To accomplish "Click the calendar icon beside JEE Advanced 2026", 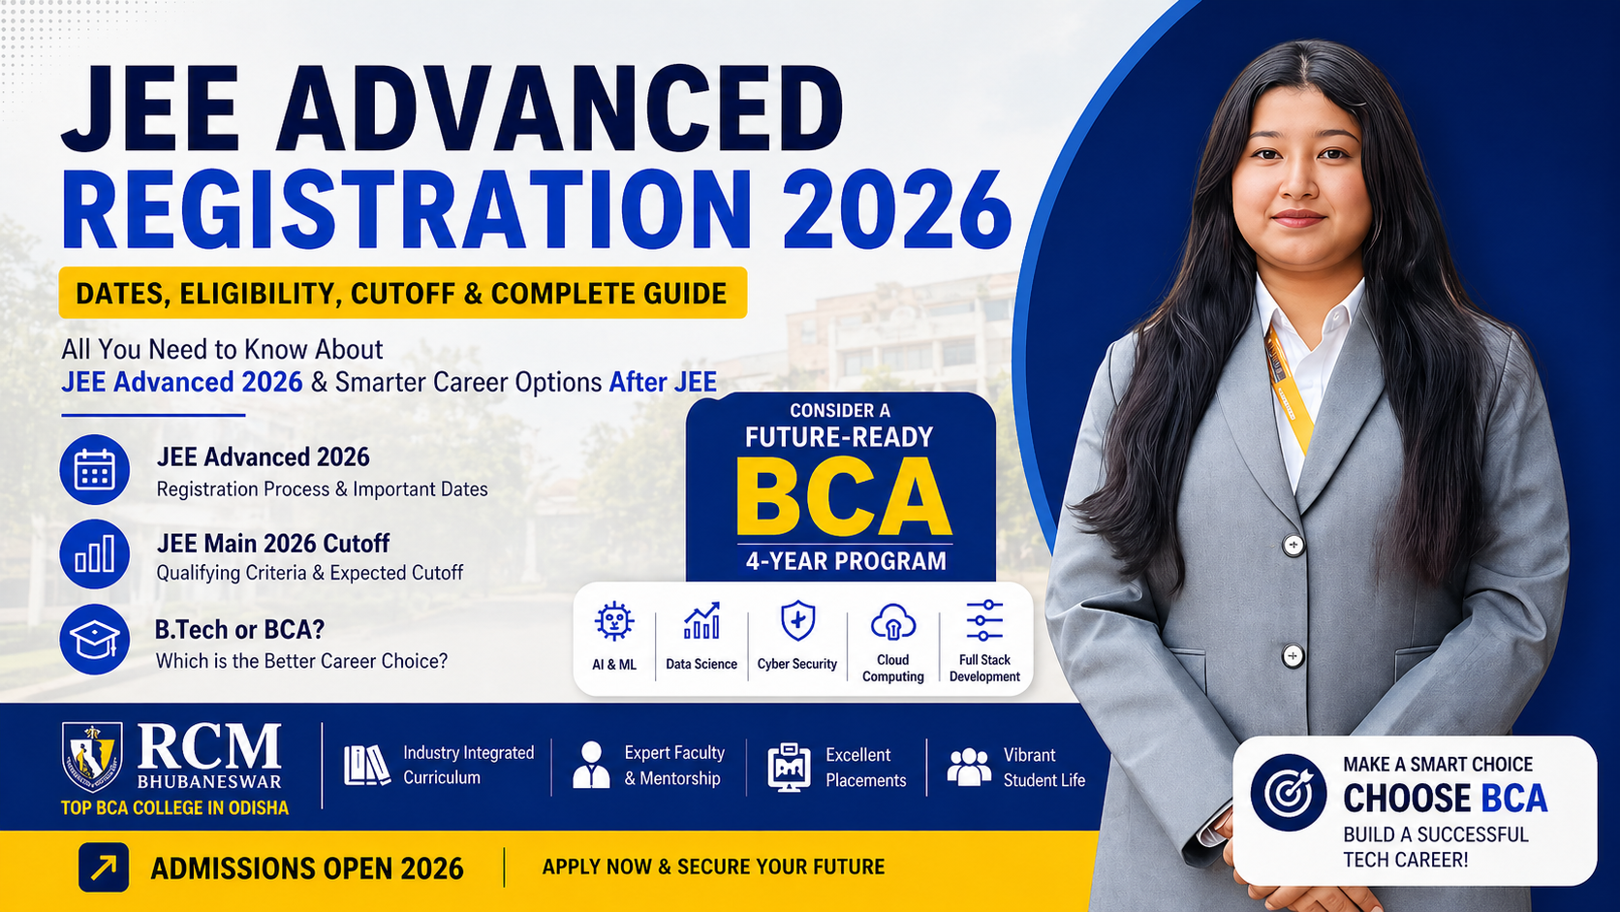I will click(x=94, y=470).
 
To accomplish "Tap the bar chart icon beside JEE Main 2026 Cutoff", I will click(x=94, y=554).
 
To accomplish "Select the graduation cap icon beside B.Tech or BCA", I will click(x=94, y=640).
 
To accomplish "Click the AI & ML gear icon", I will click(x=614, y=621).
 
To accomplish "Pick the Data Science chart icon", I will click(x=701, y=621).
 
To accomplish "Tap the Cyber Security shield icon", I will click(x=797, y=620).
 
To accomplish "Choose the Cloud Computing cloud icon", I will click(x=892, y=622).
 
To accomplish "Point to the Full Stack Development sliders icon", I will click(x=984, y=620).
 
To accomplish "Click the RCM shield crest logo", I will click(x=92, y=756).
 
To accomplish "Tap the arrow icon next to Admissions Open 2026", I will click(x=104, y=866).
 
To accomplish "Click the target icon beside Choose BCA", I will click(x=1289, y=793).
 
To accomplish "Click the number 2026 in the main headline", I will click(x=896, y=210).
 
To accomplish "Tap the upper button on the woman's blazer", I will click(x=1293, y=545).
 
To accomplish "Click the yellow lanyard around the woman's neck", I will click(x=1289, y=388).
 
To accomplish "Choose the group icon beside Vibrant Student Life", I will click(x=969, y=767).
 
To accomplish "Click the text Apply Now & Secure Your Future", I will click(x=713, y=866).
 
